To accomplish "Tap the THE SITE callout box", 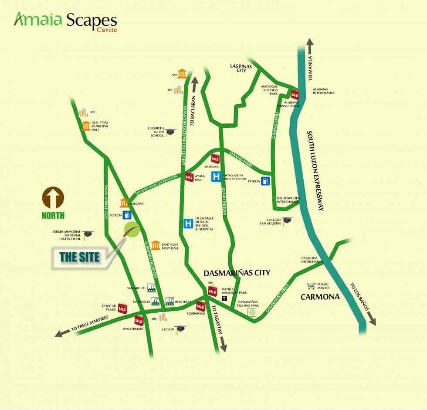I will [x=80, y=257].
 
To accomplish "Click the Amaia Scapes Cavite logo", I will [x=65, y=21].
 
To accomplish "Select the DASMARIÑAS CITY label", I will [x=237, y=273].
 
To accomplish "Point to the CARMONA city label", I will [x=320, y=297].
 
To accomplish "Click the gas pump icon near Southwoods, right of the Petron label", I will [x=265, y=181].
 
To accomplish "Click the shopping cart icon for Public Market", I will [x=311, y=286].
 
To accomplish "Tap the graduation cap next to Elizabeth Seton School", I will [x=170, y=132].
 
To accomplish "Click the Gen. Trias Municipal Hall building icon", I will [x=85, y=126].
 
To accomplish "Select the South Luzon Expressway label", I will [x=316, y=170].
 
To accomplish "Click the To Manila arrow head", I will [x=310, y=43].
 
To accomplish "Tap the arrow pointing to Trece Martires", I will [x=60, y=334].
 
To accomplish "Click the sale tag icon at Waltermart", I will [x=139, y=321].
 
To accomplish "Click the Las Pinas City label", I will [x=241, y=68].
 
